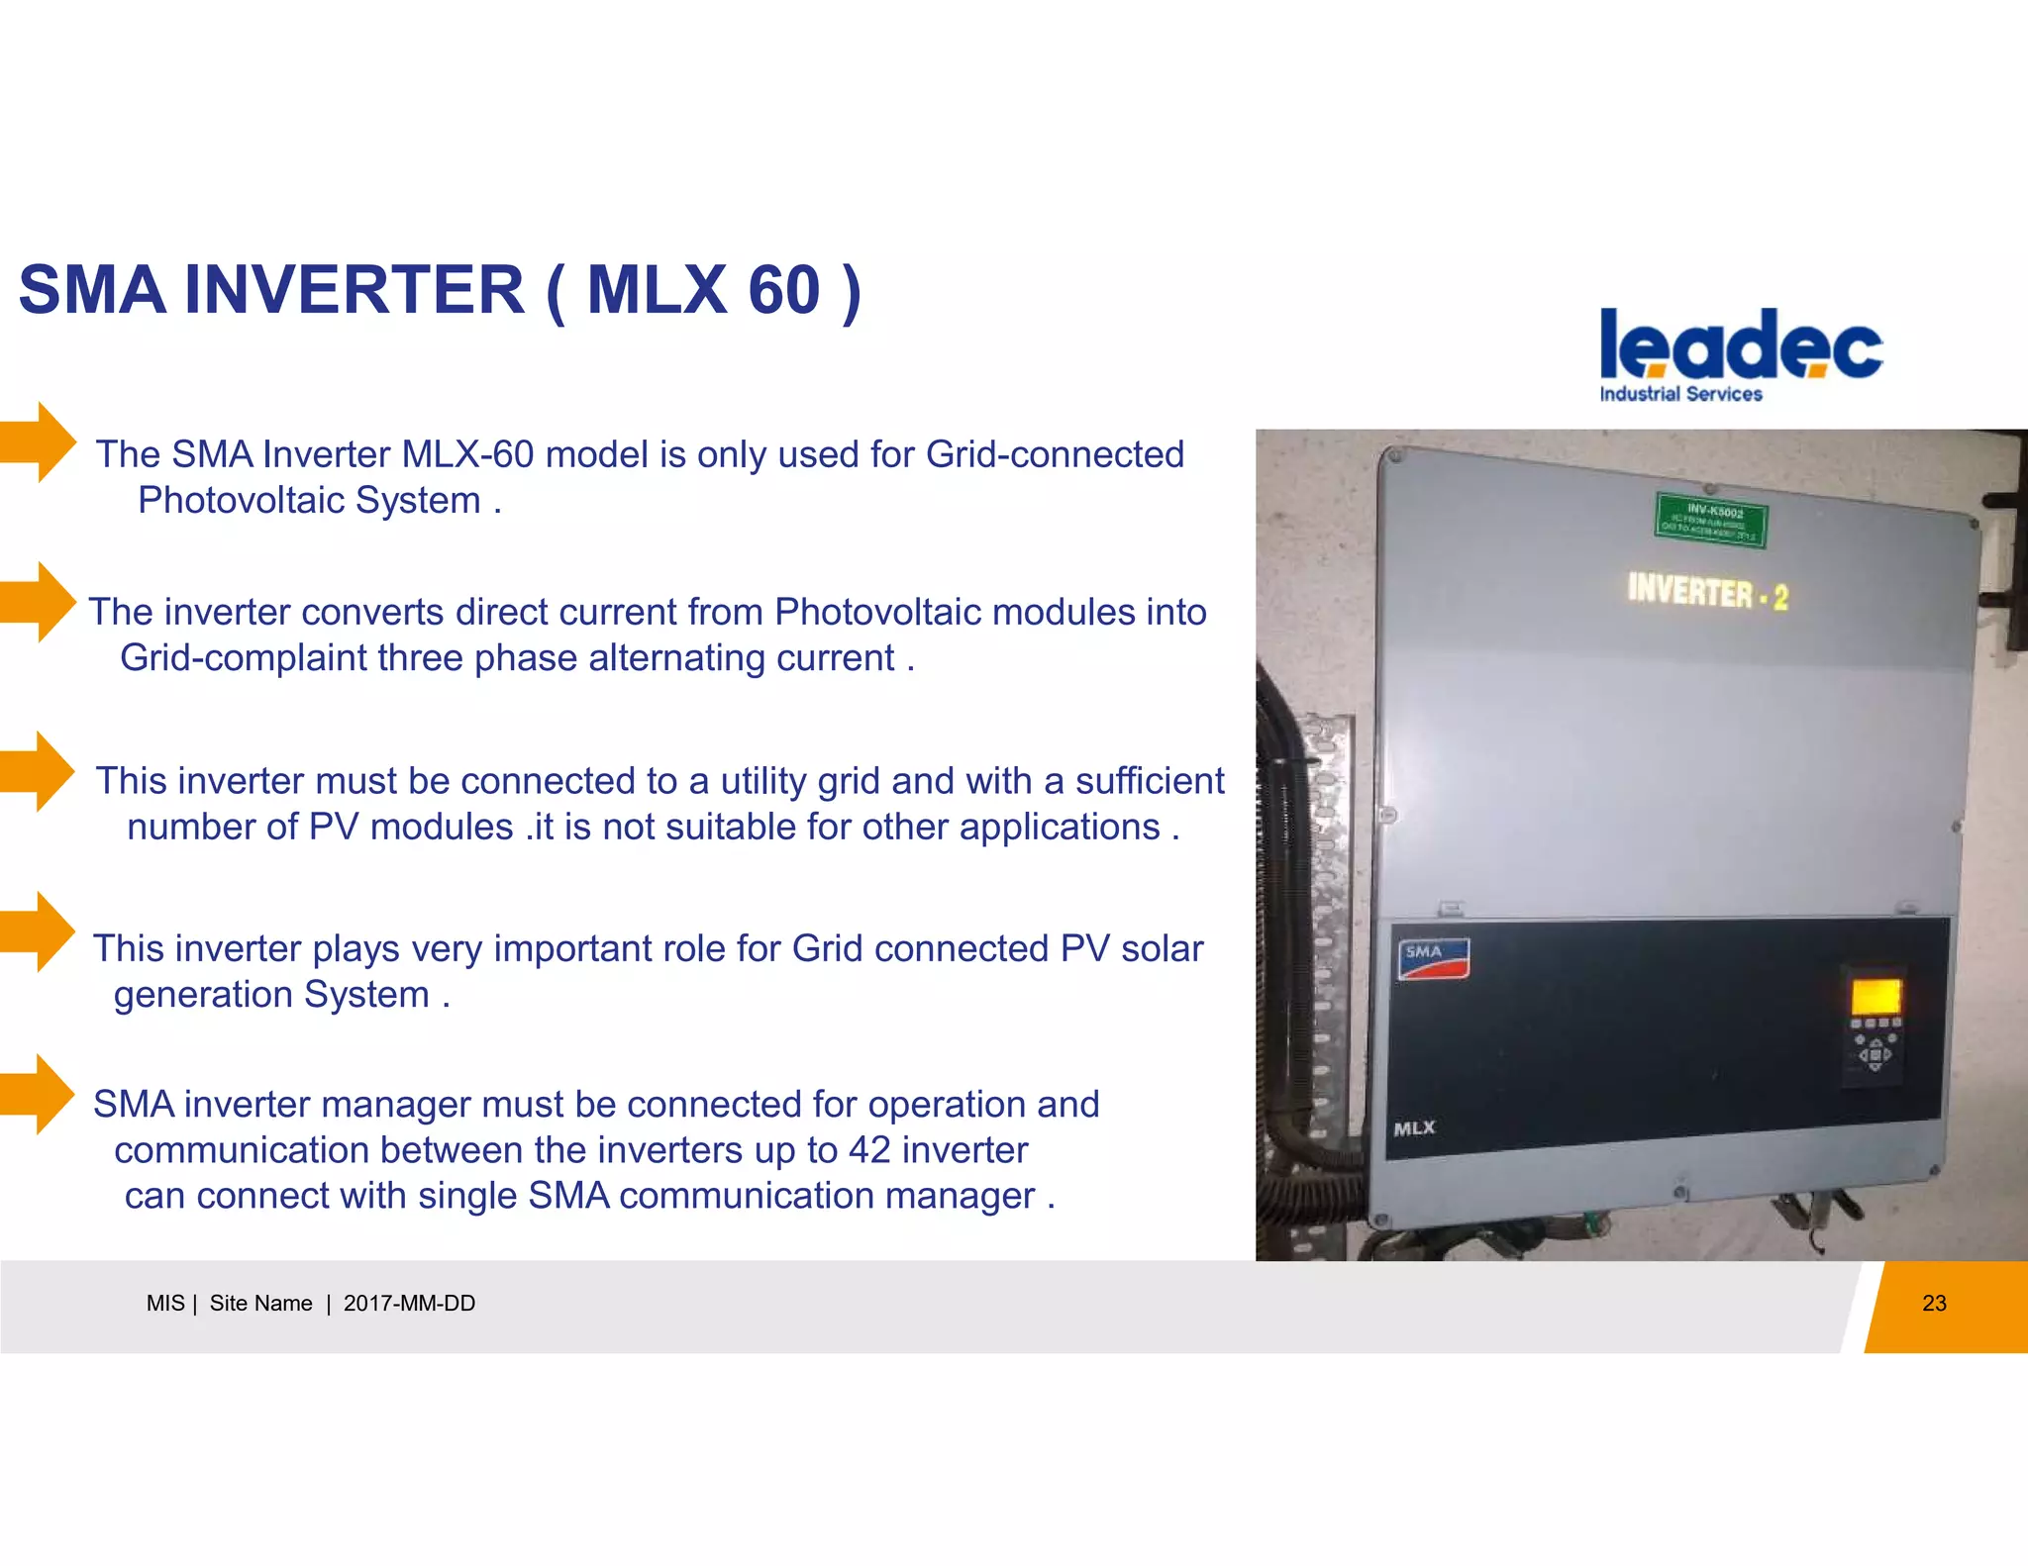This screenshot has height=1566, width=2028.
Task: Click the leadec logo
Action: tap(1741, 345)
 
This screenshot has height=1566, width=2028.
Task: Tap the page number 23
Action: tap(1934, 1304)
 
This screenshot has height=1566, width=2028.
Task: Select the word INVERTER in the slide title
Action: tap(355, 291)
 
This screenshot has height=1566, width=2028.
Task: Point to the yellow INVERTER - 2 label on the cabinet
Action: tap(1707, 593)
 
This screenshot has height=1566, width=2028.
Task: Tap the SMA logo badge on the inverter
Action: tap(1432, 957)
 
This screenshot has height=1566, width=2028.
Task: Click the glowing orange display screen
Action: tap(1875, 995)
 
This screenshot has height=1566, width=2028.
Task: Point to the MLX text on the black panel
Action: tap(1414, 1128)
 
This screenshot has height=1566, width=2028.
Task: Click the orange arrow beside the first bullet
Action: tap(39, 441)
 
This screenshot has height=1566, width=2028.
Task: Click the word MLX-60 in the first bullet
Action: tap(467, 454)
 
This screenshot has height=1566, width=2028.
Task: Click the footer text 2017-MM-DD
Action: tap(409, 1304)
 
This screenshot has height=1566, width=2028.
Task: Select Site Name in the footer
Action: tap(260, 1304)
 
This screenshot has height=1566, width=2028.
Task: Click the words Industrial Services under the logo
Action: tap(1680, 394)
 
